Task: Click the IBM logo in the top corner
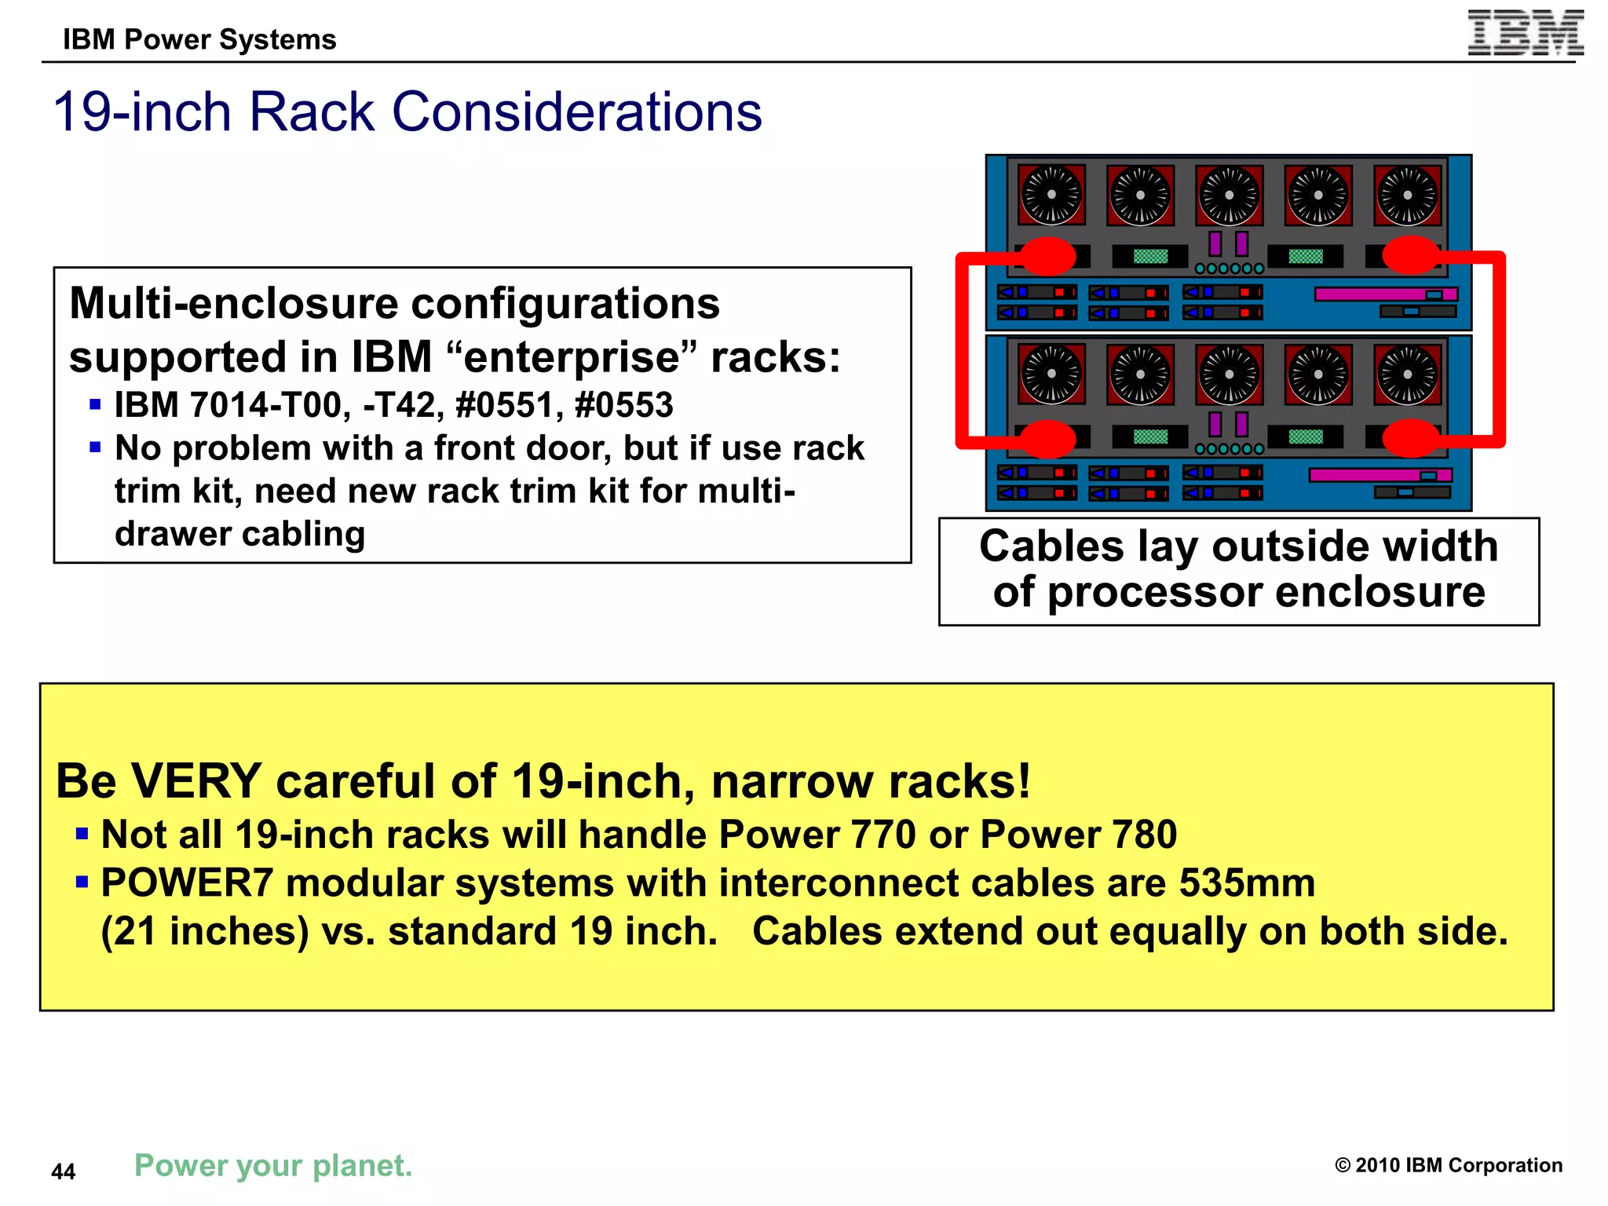(x=1525, y=33)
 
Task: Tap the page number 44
(x=63, y=1171)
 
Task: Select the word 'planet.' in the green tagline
(x=363, y=1165)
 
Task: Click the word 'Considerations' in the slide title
(x=576, y=111)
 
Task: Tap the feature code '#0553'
(x=624, y=405)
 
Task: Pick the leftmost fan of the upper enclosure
(x=1051, y=195)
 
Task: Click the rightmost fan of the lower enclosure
(x=1408, y=375)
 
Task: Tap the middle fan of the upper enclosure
(x=1230, y=195)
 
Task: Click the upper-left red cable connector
(x=1047, y=255)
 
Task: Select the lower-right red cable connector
(x=1411, y=438)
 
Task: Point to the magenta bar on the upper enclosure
(x=1386, y=294)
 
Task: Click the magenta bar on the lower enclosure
(x=1380, y=475)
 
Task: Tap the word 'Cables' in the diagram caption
(x=1051, y=546)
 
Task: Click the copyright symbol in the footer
(x=1343, y=1165)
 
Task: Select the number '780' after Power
(x=1145, y=834)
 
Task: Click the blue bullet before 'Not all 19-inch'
(x=82, y=833)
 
